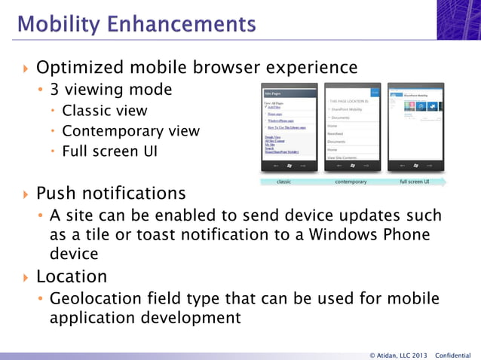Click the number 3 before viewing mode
click(54, 90)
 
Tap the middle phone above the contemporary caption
click(351, 128)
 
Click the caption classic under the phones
click(284, 182)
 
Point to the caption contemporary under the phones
click(351, 182)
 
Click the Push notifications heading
click(111, 194)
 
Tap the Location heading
click(72, 276)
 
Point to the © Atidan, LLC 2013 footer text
click(398, 355)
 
